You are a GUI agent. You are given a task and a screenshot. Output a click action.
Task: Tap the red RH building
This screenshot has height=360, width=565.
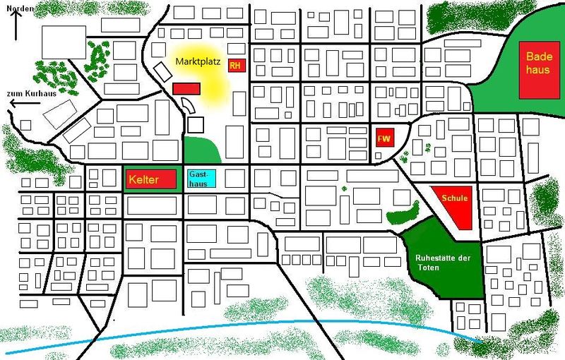tap(235, 65)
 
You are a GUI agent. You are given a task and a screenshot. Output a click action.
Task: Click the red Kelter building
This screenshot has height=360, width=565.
tap(150, 179)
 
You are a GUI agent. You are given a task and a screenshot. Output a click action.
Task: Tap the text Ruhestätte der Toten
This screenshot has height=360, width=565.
tap(444, 262)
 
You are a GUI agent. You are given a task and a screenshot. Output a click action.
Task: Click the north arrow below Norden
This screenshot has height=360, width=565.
tap(13, 25)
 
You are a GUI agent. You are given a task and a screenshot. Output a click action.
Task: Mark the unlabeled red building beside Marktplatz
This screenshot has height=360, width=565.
tap(187, 88)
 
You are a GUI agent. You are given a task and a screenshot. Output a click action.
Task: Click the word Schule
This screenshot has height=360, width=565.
tap(455, 198)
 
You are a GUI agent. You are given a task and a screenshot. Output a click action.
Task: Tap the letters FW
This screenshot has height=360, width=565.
tap(384, 138)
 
